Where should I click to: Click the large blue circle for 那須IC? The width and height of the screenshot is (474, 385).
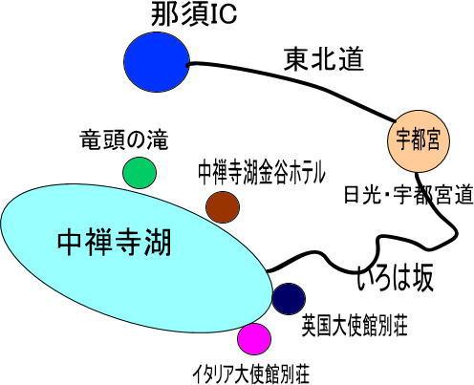point(157,62)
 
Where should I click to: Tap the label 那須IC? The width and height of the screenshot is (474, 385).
point(194,15)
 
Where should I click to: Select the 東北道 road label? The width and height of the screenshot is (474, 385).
point(323,59)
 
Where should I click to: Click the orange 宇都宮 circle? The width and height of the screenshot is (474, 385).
point(419,141)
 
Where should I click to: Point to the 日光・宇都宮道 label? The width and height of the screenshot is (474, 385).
point(408,195)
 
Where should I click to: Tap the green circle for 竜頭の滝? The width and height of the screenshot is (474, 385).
point(140,173)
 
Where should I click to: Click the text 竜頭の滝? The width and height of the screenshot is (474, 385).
point(124,140)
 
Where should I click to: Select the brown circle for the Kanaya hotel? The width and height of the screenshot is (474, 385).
point(223,207)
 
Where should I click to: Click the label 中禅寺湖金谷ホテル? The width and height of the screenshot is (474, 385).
point(262,173)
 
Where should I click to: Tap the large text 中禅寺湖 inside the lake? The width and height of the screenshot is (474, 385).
point(115,243)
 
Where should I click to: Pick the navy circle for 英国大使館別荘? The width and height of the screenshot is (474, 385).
point(289,299)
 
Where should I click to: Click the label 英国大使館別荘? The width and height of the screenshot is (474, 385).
point(355,326)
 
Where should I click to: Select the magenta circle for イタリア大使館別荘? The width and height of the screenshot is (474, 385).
point(254,339)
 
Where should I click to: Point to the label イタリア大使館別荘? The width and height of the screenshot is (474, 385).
point(251,374)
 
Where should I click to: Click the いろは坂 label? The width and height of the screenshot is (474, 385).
point(395,279)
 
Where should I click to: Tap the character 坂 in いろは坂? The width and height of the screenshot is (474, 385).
point(420,279)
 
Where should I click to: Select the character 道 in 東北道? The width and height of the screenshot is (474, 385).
point(351,59)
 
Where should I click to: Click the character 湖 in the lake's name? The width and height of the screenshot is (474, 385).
point(158,243)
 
